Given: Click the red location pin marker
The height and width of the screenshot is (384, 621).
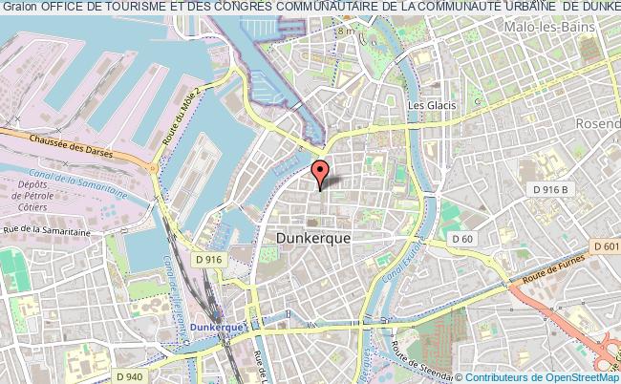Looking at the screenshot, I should [x=320, y=173].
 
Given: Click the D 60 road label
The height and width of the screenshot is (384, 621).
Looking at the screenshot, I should [x=463, y=238].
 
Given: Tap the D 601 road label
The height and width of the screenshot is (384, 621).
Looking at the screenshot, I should [x=605, y=247].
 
